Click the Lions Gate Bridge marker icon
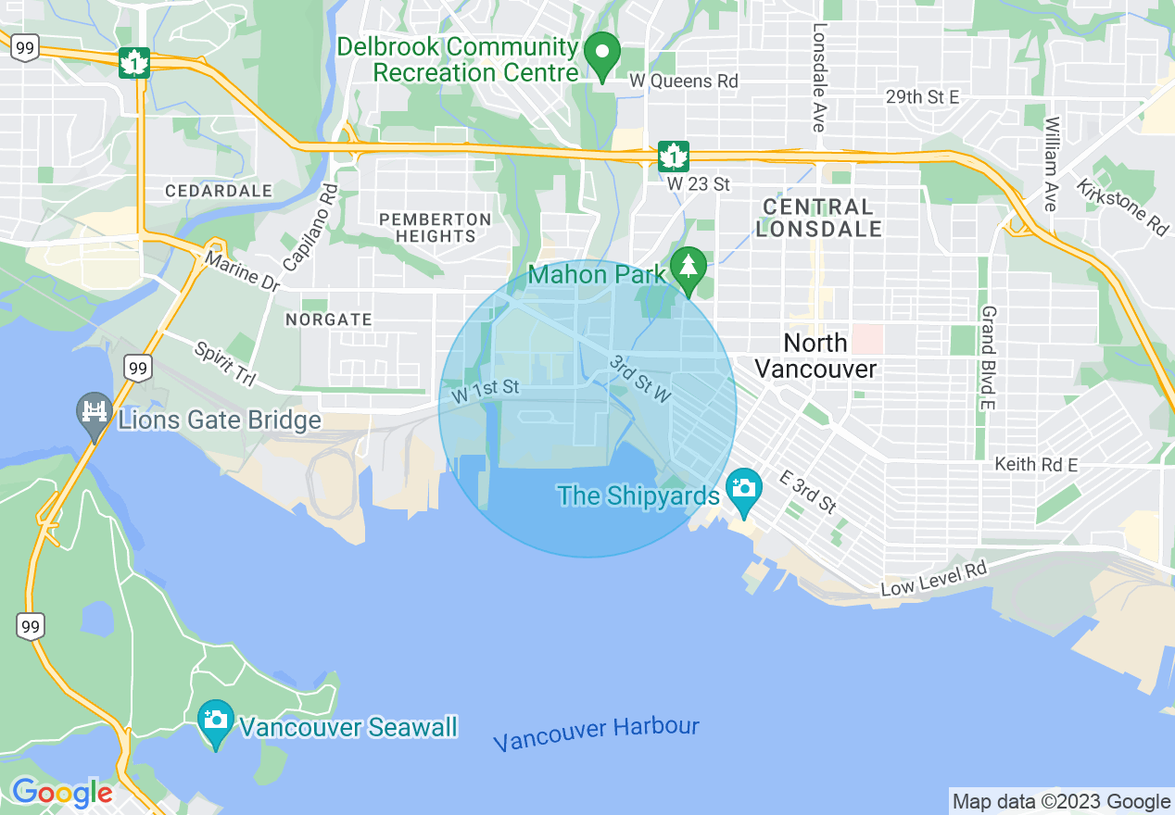tap(94, 416)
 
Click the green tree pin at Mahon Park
tap(688, 270)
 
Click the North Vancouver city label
tap(815, 356)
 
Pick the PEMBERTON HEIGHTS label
tap(435, 228)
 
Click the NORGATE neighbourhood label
tap(329, 320)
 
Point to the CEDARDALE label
tap(219, 191)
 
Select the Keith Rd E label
tap(1035, 464)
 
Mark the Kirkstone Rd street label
tap(1122, 207)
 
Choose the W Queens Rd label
tap(684, 81)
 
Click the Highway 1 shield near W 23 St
tap(672, 156)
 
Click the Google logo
tap(62, 793)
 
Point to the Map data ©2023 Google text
tap(1062, 801)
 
